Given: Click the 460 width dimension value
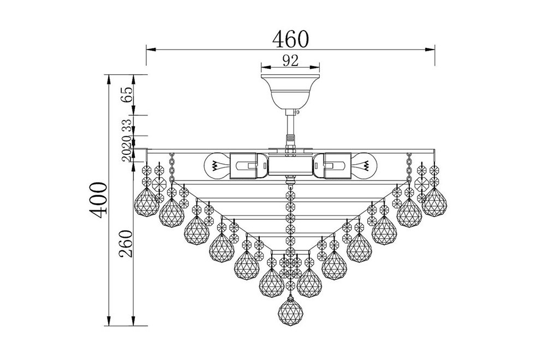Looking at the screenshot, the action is pyautogui.click(x=290, y=39).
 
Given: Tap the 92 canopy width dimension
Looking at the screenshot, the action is pyautogui.click(x=290, y=61).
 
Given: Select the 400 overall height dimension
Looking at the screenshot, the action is pyautogui.click(x=98, y=200).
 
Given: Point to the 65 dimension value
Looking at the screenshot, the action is pyautogui.click(x=127, y=94).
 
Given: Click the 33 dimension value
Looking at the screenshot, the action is pyautogui.click(x=127, y=125).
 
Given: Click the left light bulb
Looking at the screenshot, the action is pyautogui.click(x=218, y=166).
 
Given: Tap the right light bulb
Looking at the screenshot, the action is pyautogui.click(x=363, y=166).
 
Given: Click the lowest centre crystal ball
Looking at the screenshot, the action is pyautogui.click(x=291, y=311).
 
